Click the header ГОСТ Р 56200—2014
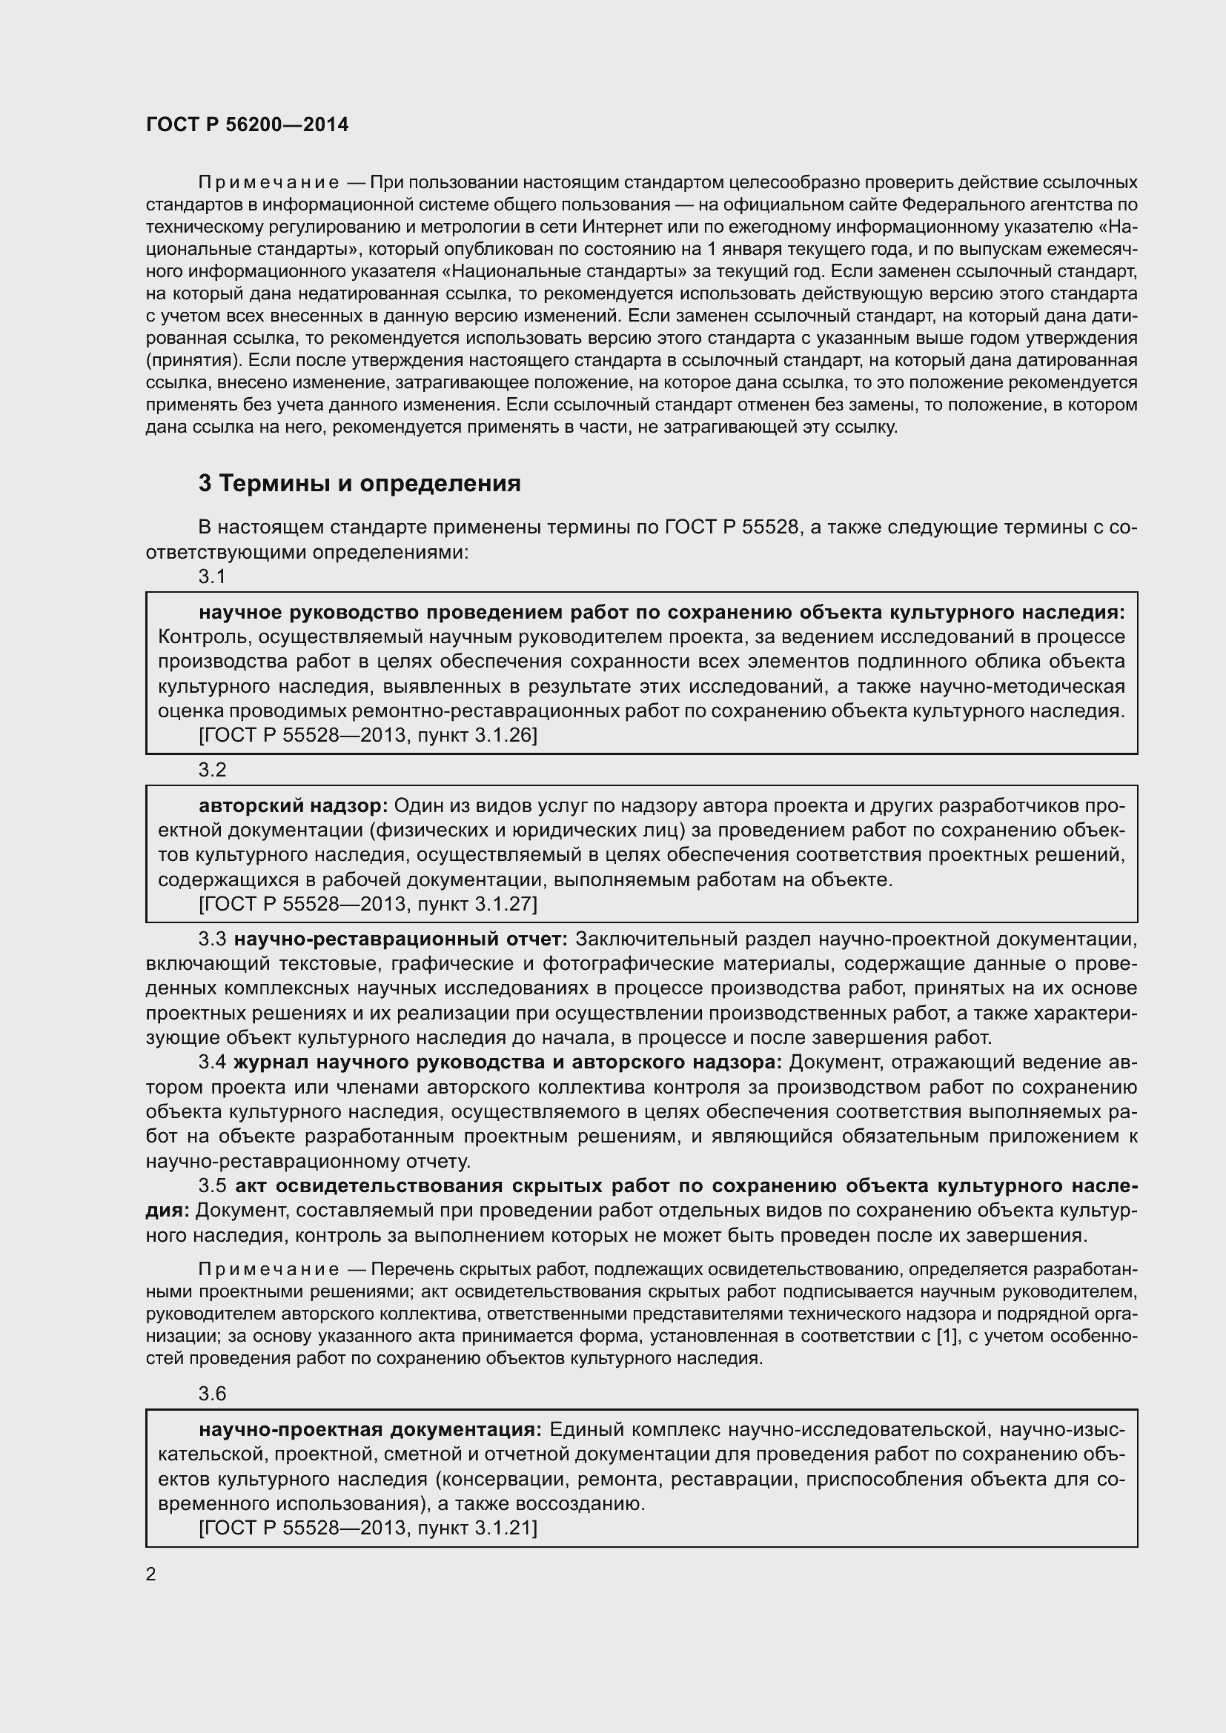(x=247, y=125)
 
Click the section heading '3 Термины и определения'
(x=359, y=483)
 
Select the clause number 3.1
(x=212, y=576)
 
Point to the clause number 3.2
(x=212, y=770)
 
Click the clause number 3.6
(x=212, y=1394)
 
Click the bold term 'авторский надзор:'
(x=293, y=806)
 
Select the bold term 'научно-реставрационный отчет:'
(x=400, y=939)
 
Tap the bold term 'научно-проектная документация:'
(x=370, y=1429)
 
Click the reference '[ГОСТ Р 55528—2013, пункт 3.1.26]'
(x=368, y=735)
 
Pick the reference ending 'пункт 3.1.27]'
(x=368, y=903)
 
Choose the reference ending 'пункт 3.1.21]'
(x=368, y=1529)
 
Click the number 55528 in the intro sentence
(x=770, y=527)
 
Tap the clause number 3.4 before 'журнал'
(x=212, y=1062)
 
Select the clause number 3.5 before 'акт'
(x=212, y=1185)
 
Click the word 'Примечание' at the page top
(x=268, y=183)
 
